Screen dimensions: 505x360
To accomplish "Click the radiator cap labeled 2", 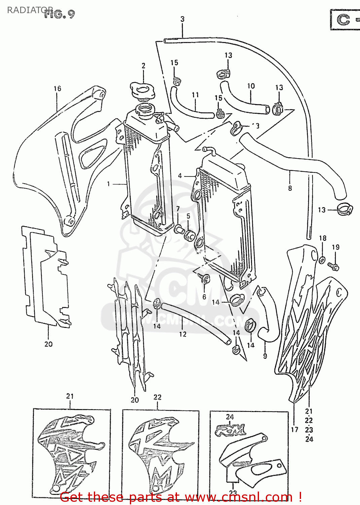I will pyautogui.click(x=143, y=91).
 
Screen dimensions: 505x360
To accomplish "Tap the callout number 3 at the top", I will pyautogui.click(x=182, y=19).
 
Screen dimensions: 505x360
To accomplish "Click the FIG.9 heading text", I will pyautogui.click(x=60, y=14).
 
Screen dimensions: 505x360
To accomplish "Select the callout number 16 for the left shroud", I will pyautogui.click(x=58, y=89).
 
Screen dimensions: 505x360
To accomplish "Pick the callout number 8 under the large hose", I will pyautogui.click(x=290, y=188).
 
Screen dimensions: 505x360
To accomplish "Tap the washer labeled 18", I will pyautogui.click(x=322, y=260).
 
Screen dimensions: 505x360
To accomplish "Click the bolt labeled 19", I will pyautogui.click(x=334, y=267).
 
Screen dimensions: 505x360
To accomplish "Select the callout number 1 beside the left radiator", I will pyautogui.click(x=108, y=184).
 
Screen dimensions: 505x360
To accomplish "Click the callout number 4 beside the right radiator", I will pyautogui.click(x=180, y=175).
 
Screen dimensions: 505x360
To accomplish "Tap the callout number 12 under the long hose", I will pyautogui.click(x=182, y=334).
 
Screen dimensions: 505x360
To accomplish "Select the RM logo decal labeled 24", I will pyautogui.click(x=231, y=430).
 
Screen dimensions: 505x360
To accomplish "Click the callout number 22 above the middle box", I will pyautogui.click(x=157, y=397).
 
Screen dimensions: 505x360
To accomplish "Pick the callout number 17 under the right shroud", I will pyautogui.click(x=295, y=429).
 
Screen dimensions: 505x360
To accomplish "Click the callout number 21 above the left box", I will pyautogui.click(x=70, y=396).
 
